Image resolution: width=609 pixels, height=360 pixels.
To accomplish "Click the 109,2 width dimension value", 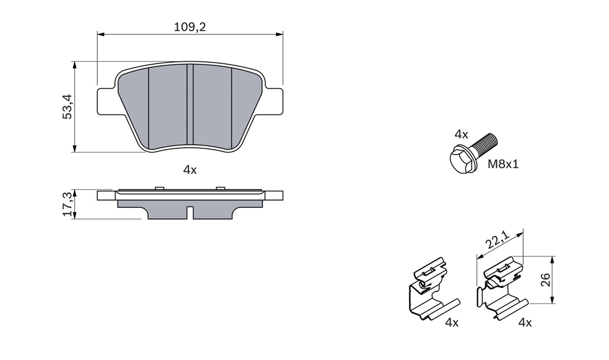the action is (189, 27).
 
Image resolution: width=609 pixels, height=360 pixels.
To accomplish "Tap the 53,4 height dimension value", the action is (68, 106).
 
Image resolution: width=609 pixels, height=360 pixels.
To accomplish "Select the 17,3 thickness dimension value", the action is (68, 204).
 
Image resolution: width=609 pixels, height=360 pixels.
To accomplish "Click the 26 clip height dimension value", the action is (546, 280).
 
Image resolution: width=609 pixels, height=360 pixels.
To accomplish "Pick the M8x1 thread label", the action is (503, 164).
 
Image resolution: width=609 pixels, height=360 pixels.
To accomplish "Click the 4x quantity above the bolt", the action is (461, 135).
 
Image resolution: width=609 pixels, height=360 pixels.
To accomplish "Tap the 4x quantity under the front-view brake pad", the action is (190, 169).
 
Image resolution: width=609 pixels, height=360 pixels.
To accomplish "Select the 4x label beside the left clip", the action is (452, 322).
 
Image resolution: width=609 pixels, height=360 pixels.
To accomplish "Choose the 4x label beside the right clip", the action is (525, 322).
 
